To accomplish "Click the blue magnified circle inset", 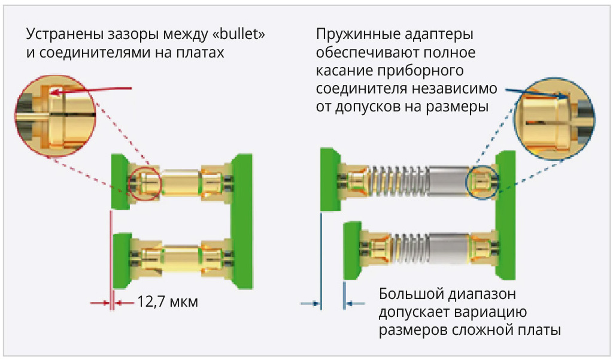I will click(x=554, y=114).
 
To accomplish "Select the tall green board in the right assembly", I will click(x=506, y=216).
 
